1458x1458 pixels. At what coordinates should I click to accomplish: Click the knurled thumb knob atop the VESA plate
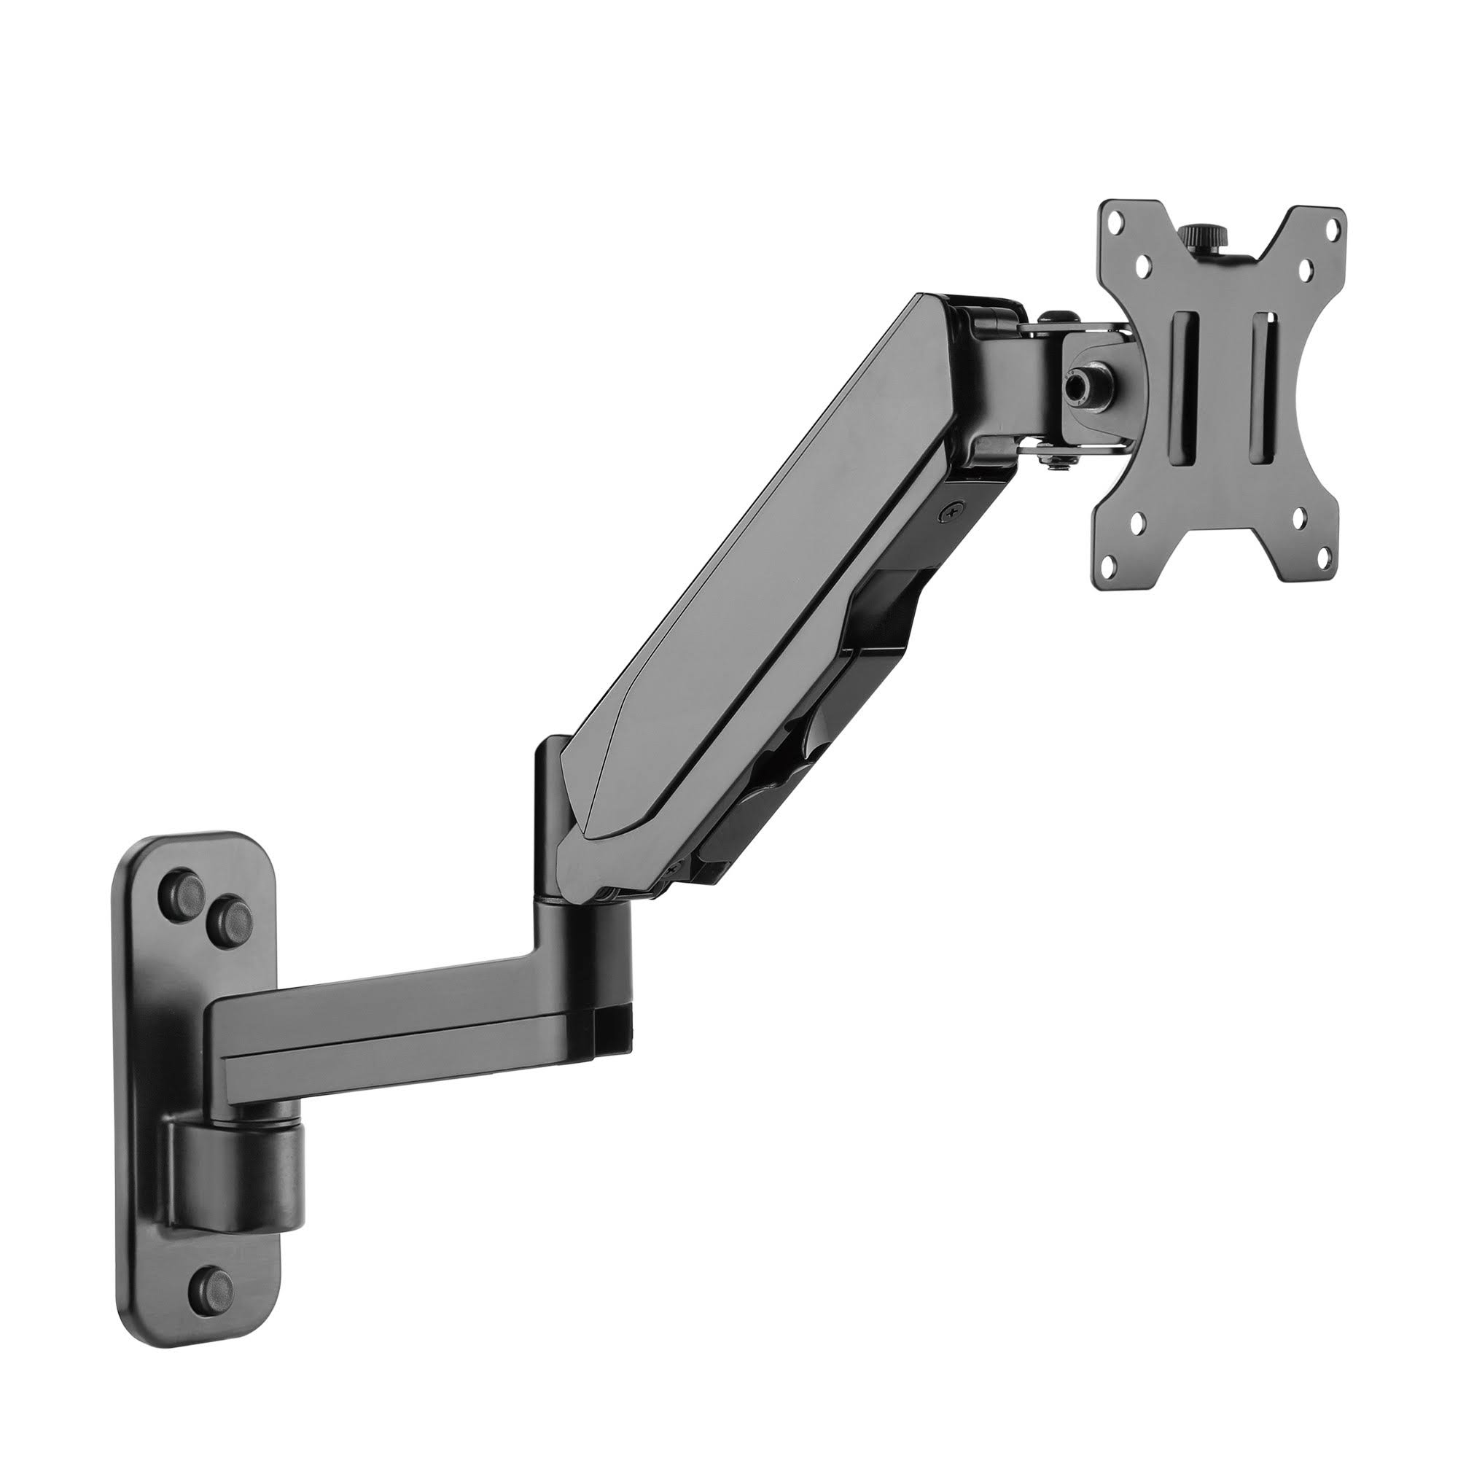[x=1195, y=252]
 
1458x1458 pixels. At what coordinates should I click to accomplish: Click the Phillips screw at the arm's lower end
[x=669, y=870]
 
